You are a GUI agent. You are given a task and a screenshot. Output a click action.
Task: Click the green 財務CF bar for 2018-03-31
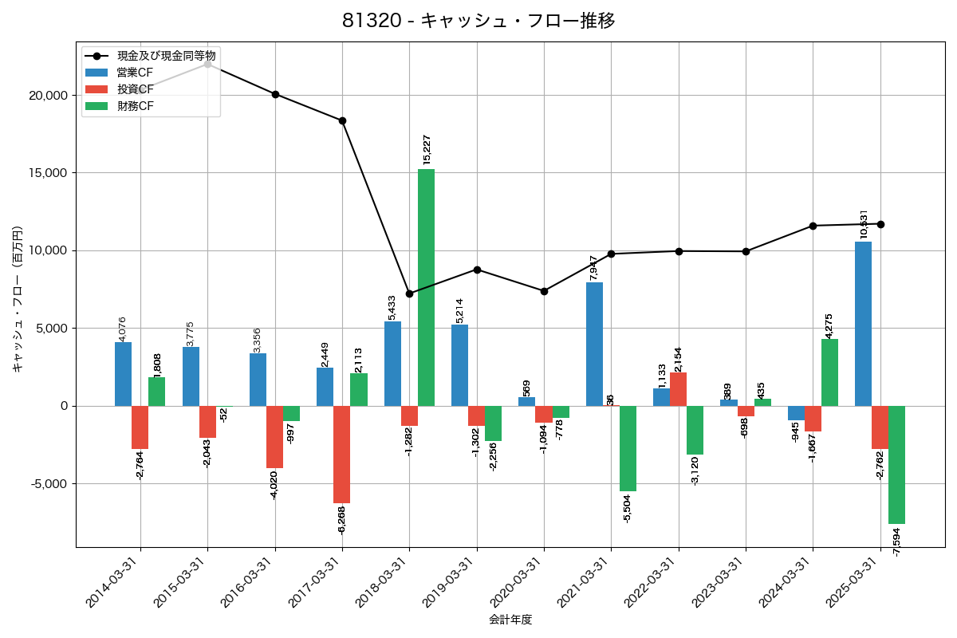coord(426,287)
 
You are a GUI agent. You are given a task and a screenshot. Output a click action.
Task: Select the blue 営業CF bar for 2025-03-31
coord(863,324)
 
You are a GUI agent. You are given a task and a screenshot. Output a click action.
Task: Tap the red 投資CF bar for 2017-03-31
coord(341,455)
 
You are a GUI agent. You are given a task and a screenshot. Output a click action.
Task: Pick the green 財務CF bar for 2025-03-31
coord(896,465)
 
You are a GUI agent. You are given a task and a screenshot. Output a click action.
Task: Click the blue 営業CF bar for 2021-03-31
coord(594,344)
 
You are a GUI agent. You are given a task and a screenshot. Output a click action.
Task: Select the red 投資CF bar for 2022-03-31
coord(678,389)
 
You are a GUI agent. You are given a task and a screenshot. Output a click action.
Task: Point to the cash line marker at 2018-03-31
coord(409,293)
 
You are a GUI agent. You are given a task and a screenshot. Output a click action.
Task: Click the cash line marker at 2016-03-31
coord(275,94)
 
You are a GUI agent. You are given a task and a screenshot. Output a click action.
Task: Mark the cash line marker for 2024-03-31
coord(813,226)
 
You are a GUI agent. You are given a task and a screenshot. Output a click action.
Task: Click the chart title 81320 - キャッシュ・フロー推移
coord(478,21)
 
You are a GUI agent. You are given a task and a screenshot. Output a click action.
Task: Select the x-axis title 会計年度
coord(510,620)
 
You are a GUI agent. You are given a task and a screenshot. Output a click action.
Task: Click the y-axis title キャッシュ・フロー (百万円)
coord(17,299)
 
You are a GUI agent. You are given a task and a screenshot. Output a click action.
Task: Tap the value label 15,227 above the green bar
coord(427,150)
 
